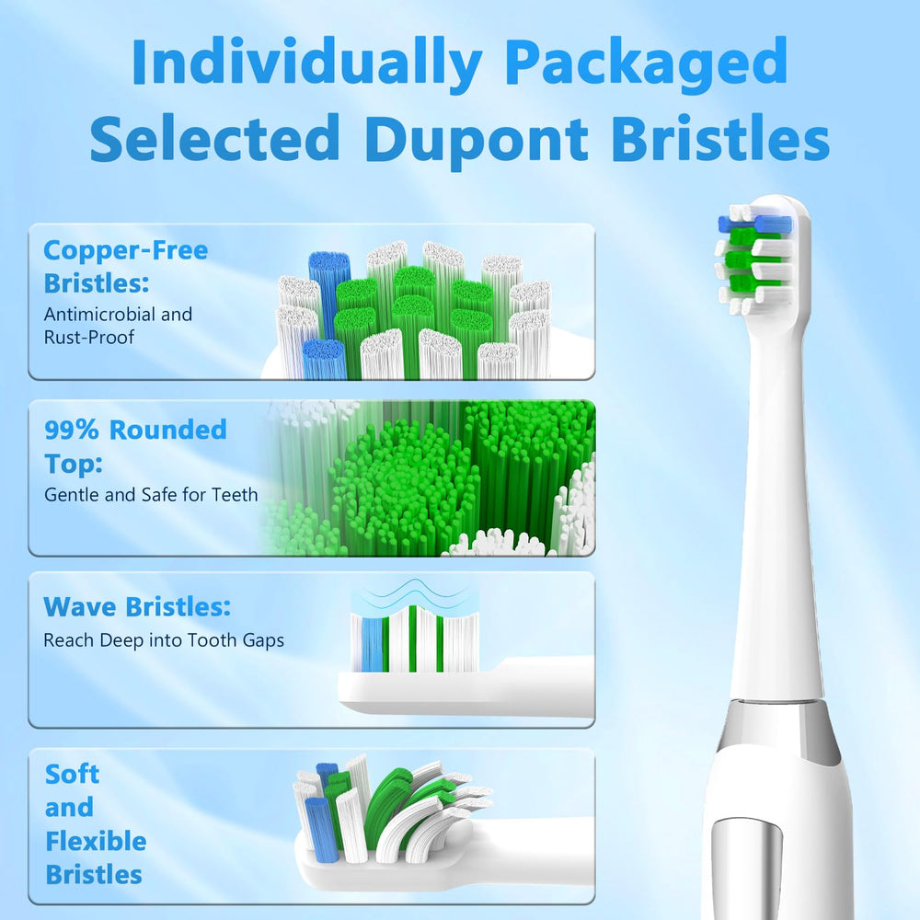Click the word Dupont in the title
[476, 140]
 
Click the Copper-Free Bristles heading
[125, 265]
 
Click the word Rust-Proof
[88, 338]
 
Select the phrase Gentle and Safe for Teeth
[151, 495]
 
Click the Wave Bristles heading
[137, 607]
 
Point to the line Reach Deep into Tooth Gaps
[164, 640]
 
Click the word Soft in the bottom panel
[72, 775]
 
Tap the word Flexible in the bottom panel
[96, 841]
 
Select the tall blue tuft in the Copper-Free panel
[328, 294]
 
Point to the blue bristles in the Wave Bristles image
[372, 644]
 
